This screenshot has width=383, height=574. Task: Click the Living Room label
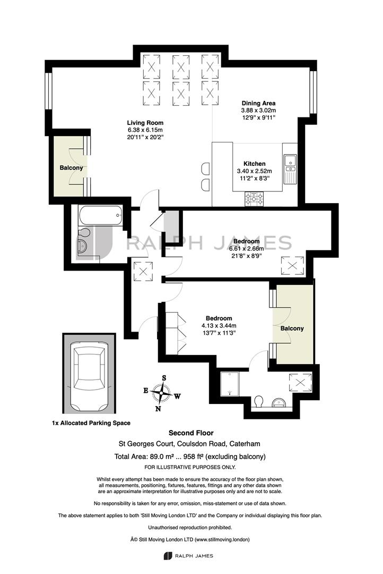point(145,123)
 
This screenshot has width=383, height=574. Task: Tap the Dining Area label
point(258,103)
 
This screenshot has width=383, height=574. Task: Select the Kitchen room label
point(254,164)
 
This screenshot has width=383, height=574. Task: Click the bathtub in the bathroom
point(101,216)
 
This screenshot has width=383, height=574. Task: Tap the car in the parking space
point(89,377)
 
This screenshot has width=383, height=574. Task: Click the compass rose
point(161,393)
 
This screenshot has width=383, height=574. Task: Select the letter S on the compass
point(164,378)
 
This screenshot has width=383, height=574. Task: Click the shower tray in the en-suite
point(230,384)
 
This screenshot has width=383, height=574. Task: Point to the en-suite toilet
point(259,401)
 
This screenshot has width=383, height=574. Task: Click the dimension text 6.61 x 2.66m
point(246,249)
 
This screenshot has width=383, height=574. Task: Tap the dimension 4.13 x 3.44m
point(219,325)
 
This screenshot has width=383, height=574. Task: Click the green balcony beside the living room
point(71,166)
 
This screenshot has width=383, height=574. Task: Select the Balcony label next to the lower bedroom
point(292,328)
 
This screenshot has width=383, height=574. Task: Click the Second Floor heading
point(191,433)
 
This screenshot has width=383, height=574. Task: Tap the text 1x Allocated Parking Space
point(91,423)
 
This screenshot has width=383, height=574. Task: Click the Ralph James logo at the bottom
point(188,556)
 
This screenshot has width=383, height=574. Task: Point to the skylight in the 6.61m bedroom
point(292,266)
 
